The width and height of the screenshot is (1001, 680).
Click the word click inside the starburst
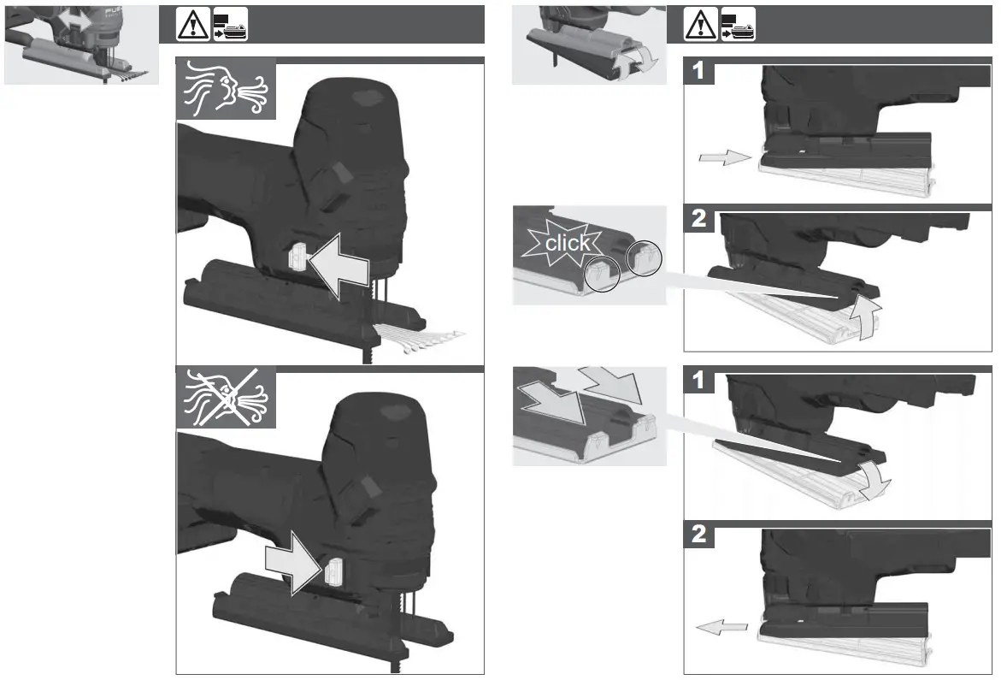(x=567, y=243)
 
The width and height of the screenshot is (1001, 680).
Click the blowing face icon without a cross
(x=227, y=89)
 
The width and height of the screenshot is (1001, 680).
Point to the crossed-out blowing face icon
(x=227, y=397)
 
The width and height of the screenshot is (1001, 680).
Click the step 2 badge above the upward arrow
(x=699, y=220)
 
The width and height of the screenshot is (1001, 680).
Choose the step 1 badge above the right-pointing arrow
(x=699, y=72)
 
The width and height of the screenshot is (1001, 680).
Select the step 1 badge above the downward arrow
(x=699, y=381)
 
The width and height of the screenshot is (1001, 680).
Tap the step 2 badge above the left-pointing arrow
(x=699, y=536)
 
